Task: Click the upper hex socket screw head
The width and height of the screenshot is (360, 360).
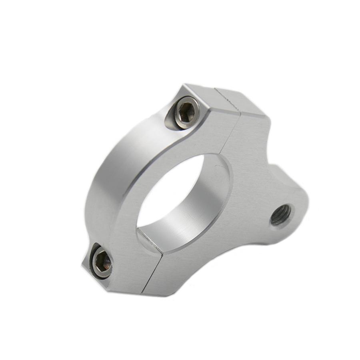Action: coord(186,113)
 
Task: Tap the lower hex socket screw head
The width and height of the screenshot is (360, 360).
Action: coord(102,263)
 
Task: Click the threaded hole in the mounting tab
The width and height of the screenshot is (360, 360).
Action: coord(282,215)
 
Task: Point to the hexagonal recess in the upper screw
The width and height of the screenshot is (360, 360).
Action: coord(186,112)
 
